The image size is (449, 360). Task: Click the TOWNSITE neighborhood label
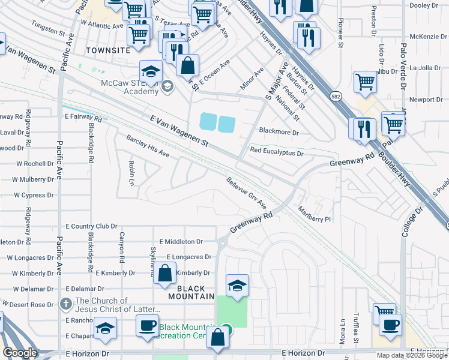click(108, 50)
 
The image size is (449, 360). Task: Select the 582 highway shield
click(336, 96)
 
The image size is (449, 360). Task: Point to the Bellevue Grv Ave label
click(246, 193)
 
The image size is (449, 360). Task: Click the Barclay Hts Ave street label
click(148, 147)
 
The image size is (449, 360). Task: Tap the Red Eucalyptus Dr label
click(277, 153)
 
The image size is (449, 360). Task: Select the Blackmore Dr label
click(279, 131)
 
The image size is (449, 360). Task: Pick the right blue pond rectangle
click(226, 124)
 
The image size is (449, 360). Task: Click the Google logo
click(20, 353)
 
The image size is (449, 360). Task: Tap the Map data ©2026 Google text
click(412, 355)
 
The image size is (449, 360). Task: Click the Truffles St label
click(355, 331)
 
